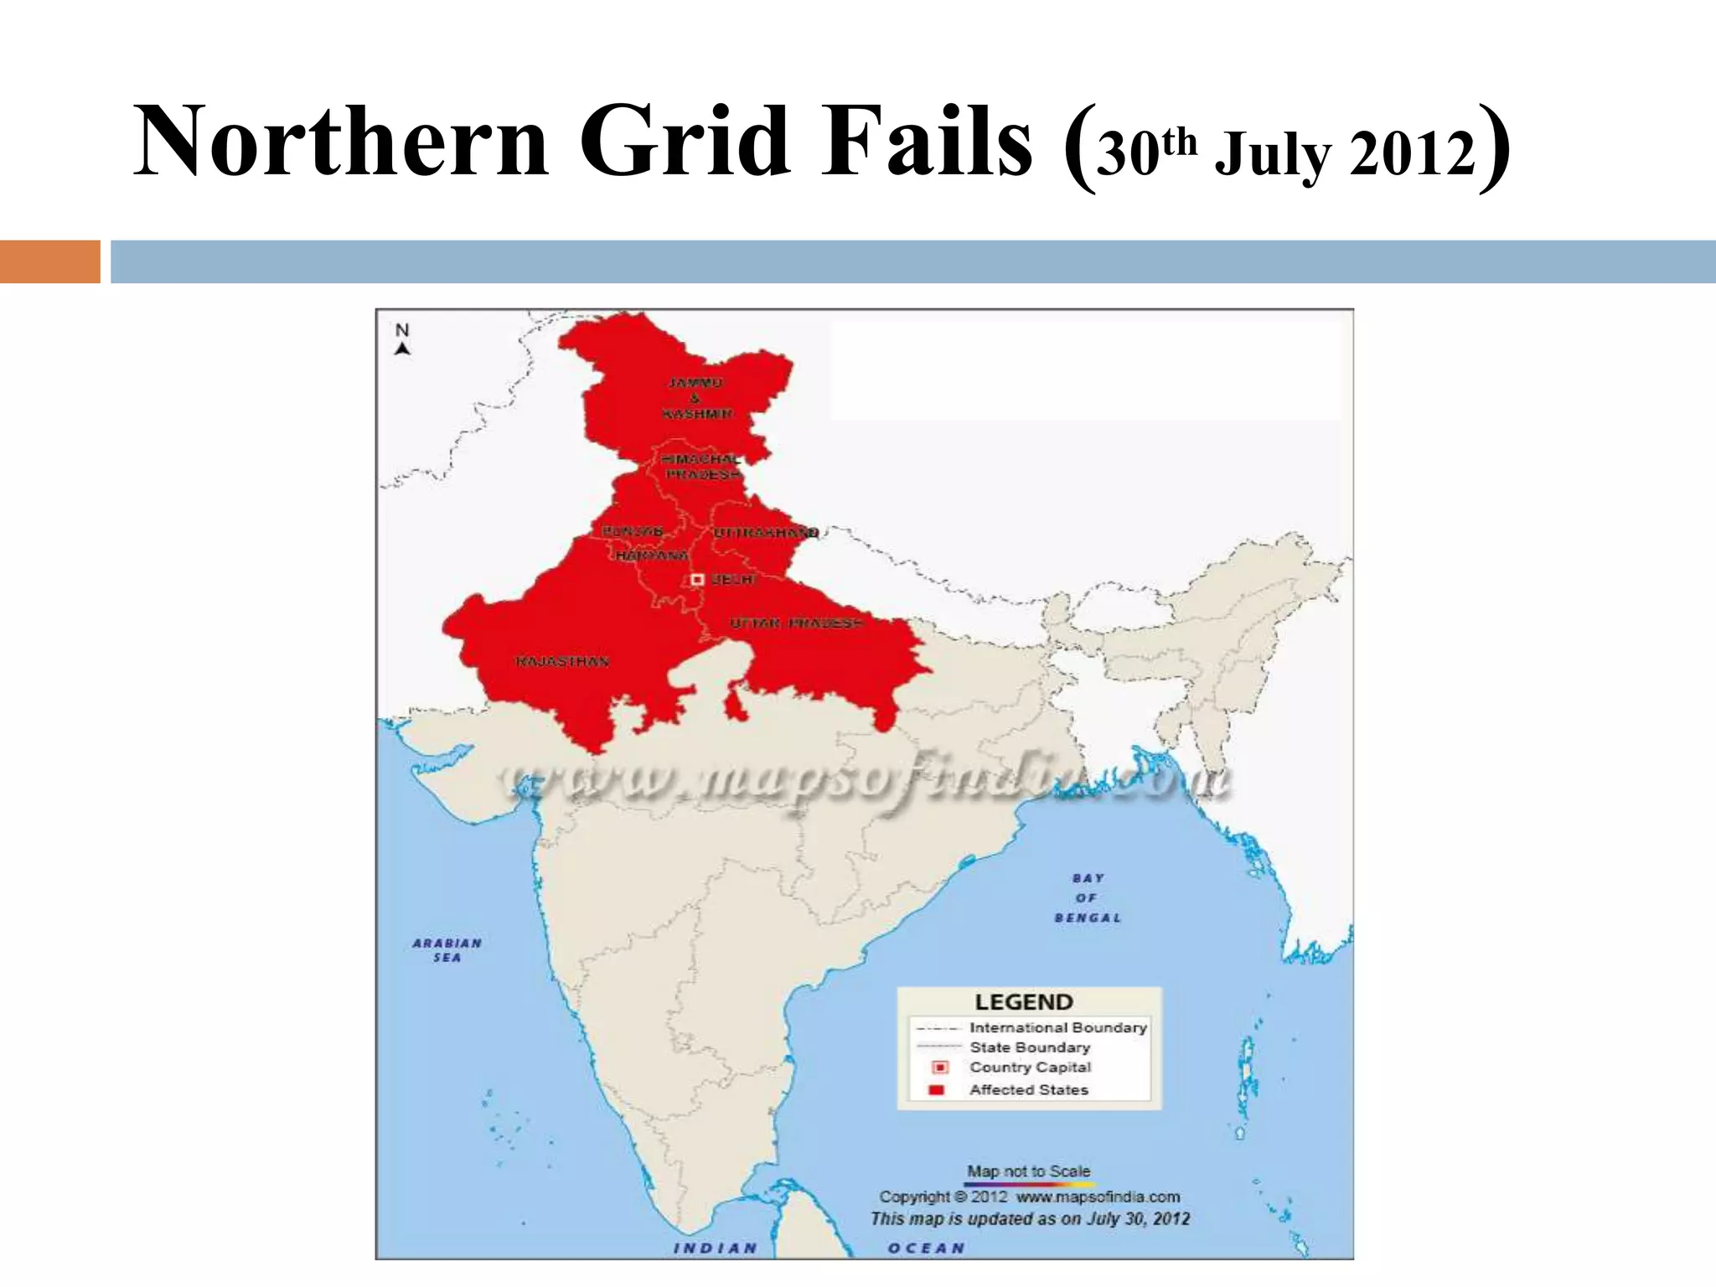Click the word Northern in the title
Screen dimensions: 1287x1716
(x=341, y=141)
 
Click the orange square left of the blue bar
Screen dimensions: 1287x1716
(x=49, y=261)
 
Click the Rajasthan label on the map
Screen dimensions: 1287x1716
(x=562, y=662)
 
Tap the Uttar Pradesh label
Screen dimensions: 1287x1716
(x=795, y=623)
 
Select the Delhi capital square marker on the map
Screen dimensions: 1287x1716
(x=697, y=580)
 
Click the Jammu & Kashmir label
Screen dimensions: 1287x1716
(x=696, y=398)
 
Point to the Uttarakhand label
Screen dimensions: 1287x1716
(x=765, y=533)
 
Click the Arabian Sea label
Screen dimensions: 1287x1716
(x=447, y=950)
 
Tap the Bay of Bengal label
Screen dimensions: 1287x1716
(x=1087, y=898)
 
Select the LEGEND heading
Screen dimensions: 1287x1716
(x=1024, y=1002)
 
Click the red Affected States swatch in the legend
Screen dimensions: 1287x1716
(x=938, y=1090)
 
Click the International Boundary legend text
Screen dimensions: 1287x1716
(x=1057, y=1027)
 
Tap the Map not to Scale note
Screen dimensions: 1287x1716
(x=1029, y=1171)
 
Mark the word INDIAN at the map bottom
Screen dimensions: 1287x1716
(x=716, y=1248)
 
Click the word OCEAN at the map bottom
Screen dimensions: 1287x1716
(x=926, y=1248)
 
